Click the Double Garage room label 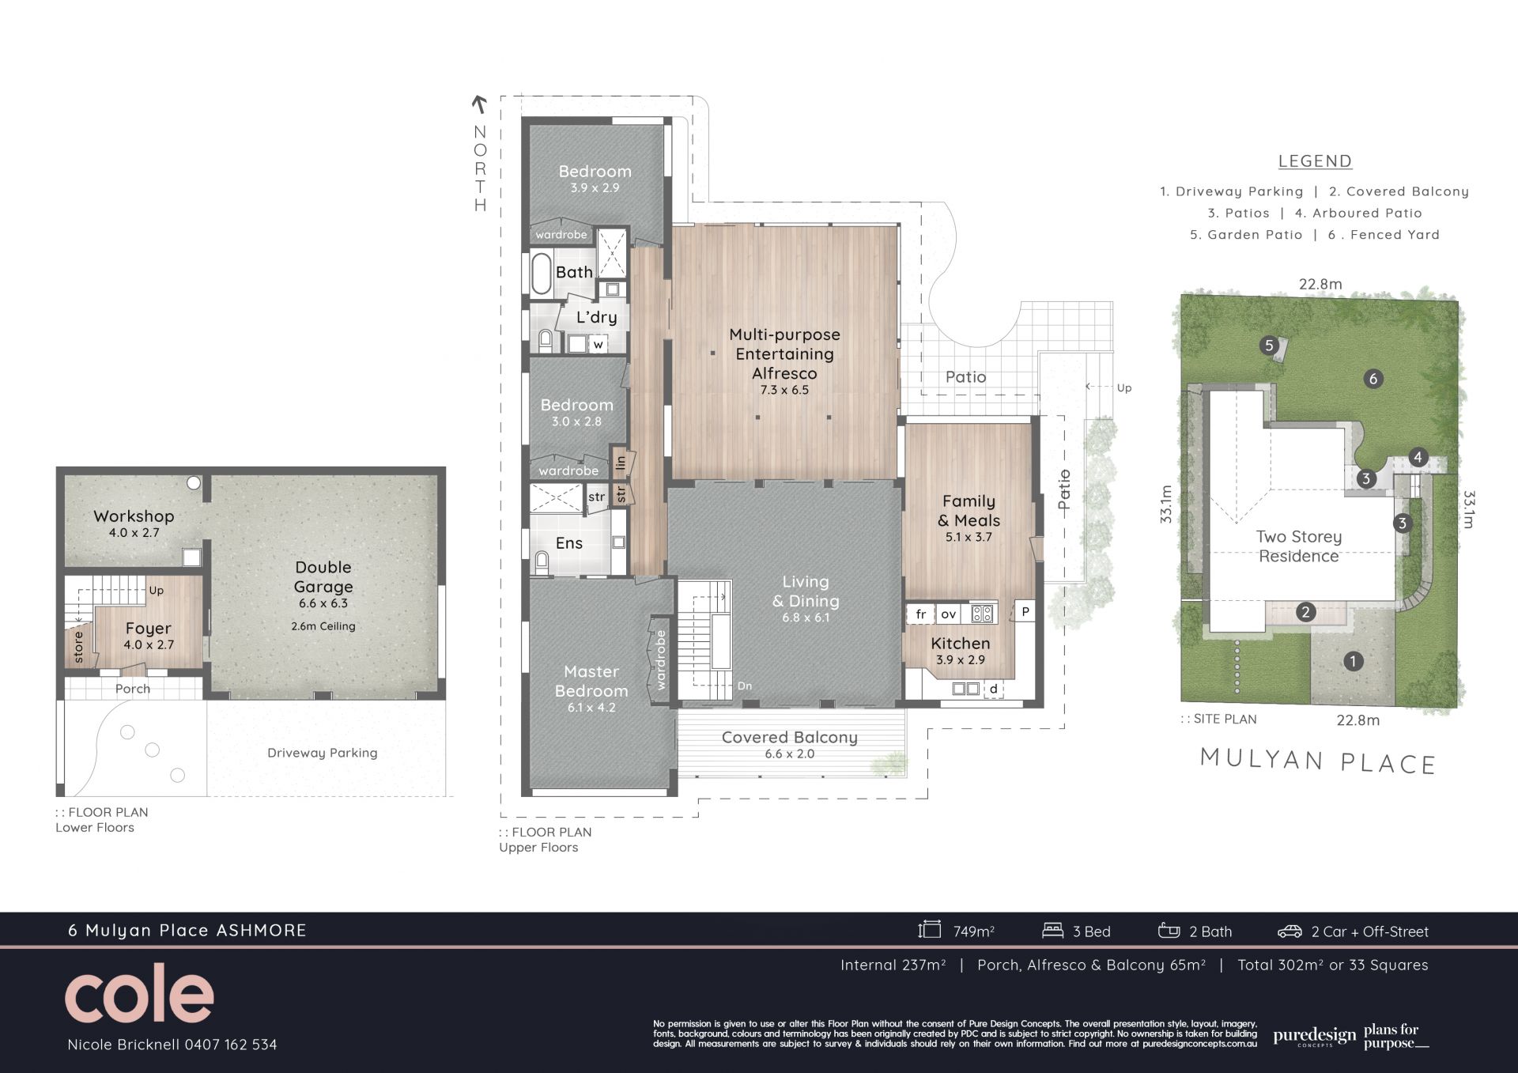323,576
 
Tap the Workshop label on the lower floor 134,516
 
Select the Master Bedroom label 591,681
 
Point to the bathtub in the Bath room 541,274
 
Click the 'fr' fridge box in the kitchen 920,614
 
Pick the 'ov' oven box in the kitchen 949,614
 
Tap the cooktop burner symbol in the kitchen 982,613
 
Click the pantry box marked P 1025,611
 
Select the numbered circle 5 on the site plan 1269,346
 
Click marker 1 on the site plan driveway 1354,661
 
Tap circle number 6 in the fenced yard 1373,379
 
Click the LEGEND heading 1315,161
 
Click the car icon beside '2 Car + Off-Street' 1290,931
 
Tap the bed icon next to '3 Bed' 1052,931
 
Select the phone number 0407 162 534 231,1045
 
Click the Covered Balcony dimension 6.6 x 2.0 790,754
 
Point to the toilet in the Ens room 542,564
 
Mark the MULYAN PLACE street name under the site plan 1318,761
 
